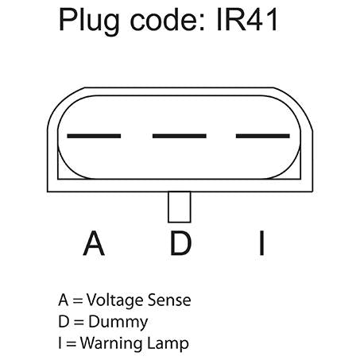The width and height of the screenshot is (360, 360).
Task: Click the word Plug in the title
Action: (x=89, y=21)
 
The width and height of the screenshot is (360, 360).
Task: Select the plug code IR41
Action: (x=247, y=20)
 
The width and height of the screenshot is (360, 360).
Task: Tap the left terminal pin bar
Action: (x=94, y=136)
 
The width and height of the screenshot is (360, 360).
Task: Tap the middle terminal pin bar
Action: (x=180, y=136)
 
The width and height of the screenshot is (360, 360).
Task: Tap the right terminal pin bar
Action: (x=263, y=136)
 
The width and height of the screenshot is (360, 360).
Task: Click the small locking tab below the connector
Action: (x=180, y=207)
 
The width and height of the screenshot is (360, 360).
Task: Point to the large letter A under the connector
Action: (x=94, y=243)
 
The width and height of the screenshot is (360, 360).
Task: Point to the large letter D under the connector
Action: (x=180, y=243)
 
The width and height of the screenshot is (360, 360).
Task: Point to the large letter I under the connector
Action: (x=261, y=243)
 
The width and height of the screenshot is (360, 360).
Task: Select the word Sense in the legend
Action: (x=169, y=300)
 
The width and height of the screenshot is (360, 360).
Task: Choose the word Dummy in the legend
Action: (x=118, y=323)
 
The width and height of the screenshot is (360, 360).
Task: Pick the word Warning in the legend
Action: (x=112, y=344)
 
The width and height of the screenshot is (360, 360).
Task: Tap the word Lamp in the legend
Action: (x=168, y=344)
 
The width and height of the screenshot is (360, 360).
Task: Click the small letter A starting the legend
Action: (x=64, y=300)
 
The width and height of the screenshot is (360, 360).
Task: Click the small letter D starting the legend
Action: (x=64, y=322)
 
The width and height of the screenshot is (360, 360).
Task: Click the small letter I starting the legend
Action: (x=60, y=343)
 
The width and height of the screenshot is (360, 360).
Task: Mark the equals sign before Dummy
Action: (x=79, y=323)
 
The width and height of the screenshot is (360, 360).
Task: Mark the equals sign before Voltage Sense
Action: (x=78, y=301)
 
